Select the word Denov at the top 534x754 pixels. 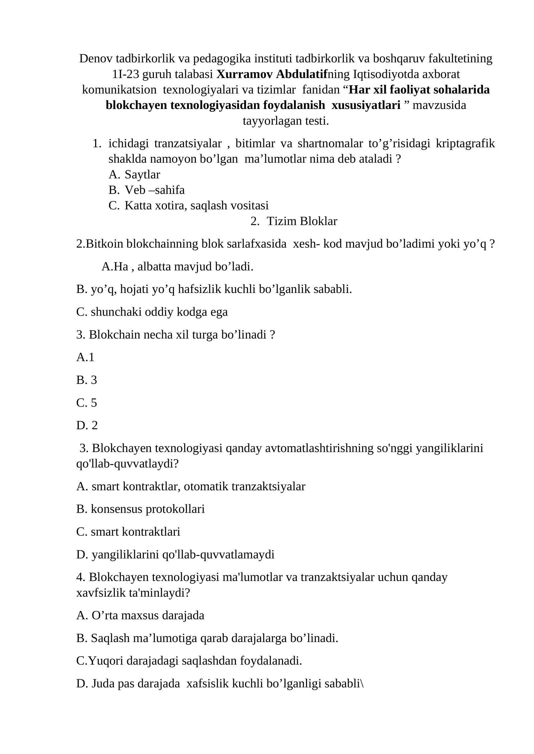(x=96, y=59)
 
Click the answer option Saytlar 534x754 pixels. (x=142, y=174)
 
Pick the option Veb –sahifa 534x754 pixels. (x=154, y=190)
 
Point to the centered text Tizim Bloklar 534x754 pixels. (x=302, y=221)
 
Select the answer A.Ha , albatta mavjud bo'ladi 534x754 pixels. (x=177, y=267)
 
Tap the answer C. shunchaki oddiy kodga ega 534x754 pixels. (x=152, y=312)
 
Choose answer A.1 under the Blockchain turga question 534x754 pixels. (x=85, y=357)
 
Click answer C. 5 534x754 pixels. (x=86, y=403)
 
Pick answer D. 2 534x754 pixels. (x=87, y=425)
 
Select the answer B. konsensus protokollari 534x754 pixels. (x=140, y=509)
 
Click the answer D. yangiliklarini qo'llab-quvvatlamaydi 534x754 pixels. (x=175, y=554)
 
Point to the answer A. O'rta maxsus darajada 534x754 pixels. (x=140, y=615)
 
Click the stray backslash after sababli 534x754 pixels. (x=362, y=684)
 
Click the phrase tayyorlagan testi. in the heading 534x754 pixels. (x=286, y=121)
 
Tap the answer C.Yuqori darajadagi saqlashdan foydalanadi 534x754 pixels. (x=189, y=661)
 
